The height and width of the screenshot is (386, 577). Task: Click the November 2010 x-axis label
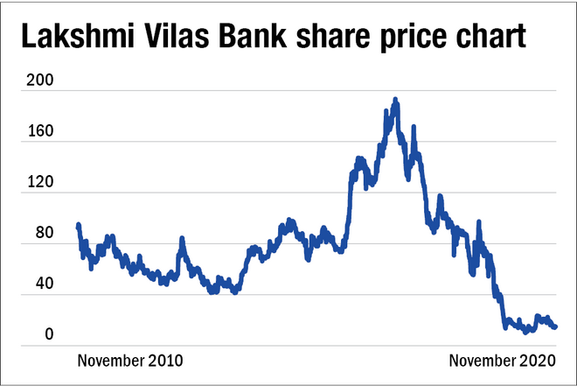(131, 360)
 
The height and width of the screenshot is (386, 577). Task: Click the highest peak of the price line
(395, 100)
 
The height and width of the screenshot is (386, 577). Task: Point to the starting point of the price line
(79, 225)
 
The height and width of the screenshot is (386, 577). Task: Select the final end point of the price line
(556, 327)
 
